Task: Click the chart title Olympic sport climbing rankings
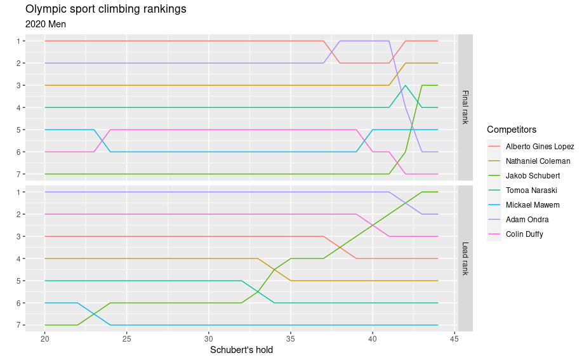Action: point(105,10)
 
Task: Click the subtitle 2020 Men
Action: point(46,24)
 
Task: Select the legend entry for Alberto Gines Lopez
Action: point(540,147)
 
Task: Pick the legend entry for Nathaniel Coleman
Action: point(538,161)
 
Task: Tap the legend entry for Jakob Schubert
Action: point(533,176)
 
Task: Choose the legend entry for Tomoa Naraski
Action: point(531,190)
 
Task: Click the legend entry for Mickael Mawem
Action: point(533,205)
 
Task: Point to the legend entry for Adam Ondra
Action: point(527,220)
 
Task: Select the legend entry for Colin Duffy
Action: point(524,234)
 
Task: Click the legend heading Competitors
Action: point(512,130)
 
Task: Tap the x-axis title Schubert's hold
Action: point(241,350)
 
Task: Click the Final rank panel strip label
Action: point(465,107)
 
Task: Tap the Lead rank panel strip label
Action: point(465,258)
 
